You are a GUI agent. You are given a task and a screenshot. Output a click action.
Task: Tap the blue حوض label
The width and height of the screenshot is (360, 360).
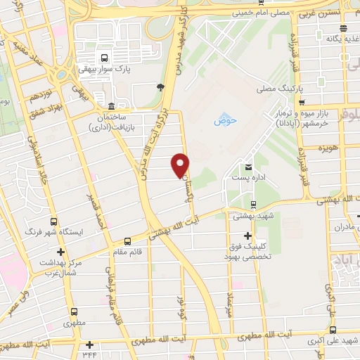(226, 120)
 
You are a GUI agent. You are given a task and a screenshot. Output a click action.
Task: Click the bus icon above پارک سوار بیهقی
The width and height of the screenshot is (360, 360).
(105, 58)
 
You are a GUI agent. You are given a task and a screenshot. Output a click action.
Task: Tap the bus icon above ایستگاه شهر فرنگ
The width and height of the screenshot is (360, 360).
(54, 221)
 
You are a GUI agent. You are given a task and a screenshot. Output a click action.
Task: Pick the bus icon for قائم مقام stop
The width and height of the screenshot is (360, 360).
(127, 239)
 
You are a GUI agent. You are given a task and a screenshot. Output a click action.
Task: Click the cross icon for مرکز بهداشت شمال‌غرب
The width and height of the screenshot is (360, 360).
(61, 252)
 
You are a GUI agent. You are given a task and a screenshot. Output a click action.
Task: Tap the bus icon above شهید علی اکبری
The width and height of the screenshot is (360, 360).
(333, 330)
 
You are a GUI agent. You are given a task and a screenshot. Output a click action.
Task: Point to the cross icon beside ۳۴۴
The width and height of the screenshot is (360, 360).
(90, 345)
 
